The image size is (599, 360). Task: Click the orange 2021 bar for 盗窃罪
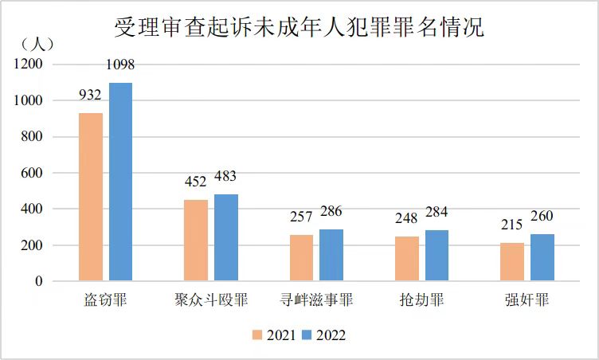(x=90, y=197)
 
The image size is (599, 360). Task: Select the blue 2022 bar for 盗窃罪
(x=120, y=182)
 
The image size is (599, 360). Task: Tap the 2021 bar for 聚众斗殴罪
(x=196, y=240)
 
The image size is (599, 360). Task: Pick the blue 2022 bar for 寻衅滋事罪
(x=331, y=255)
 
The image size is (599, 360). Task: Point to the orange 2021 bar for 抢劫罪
(x=407, y=259)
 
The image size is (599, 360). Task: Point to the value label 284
(x=437, y=213)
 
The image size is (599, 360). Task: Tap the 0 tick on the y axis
(x=38, y=281)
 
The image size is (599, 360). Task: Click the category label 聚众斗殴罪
(x=211, y=301)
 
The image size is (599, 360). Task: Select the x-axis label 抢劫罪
(x=422, y=301)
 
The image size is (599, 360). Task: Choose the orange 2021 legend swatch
(x=257, y=335)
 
